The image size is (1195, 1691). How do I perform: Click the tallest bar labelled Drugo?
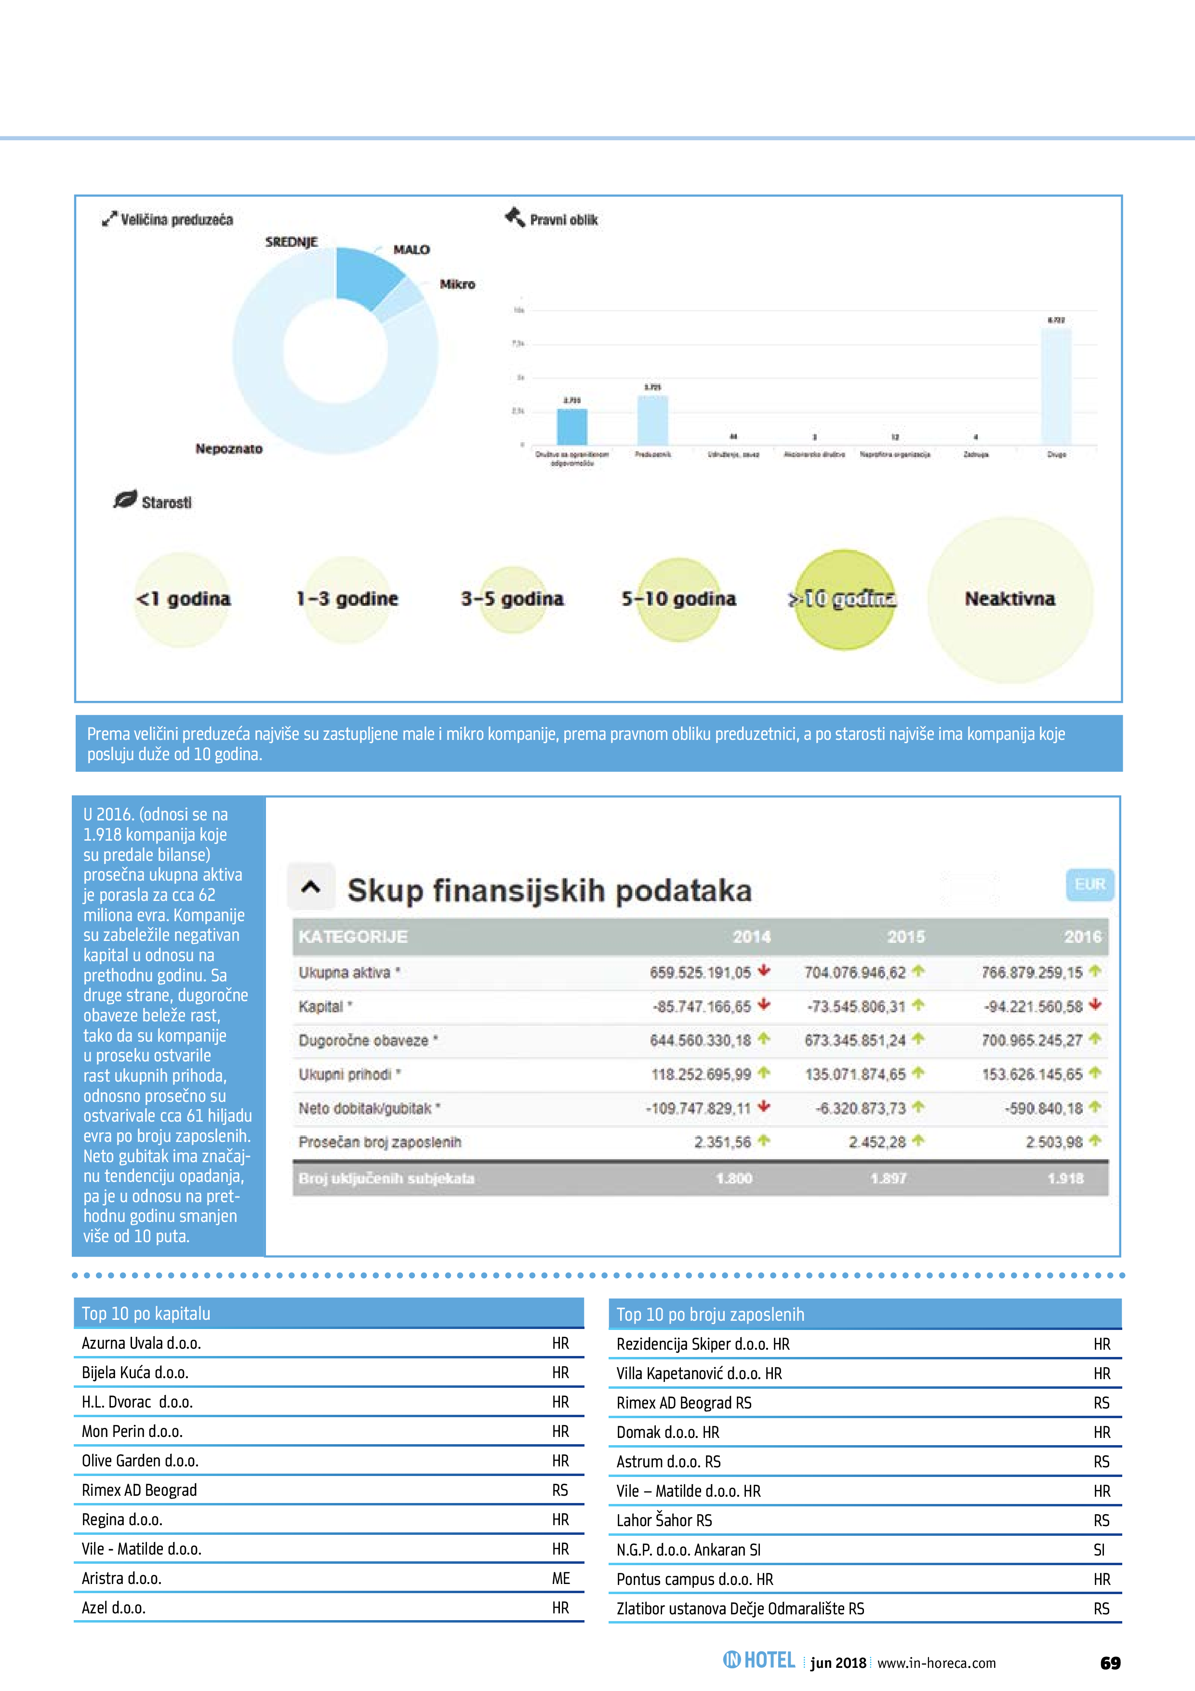(1056, 386)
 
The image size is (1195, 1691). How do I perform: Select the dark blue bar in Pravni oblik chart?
(572, 427)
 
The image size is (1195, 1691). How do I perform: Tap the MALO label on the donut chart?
(411, 250)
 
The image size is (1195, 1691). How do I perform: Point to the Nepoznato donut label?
(228, 448)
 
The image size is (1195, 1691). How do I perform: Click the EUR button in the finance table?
(1089, 885)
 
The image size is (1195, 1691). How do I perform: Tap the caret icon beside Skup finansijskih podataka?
(311, 887)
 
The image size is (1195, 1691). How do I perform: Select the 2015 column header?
(905, 937)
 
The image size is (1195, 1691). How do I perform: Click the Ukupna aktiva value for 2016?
(1032, 973)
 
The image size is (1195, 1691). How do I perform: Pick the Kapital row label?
(321, 1007)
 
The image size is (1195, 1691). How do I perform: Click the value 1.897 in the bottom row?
(888, 1179)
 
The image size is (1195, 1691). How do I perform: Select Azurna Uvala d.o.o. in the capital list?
(141, 1343)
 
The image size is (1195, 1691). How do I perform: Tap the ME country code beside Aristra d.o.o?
(561, 1578)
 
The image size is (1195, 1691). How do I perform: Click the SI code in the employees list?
(1099, 1550)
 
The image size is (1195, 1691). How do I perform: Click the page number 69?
(1110, 1663)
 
